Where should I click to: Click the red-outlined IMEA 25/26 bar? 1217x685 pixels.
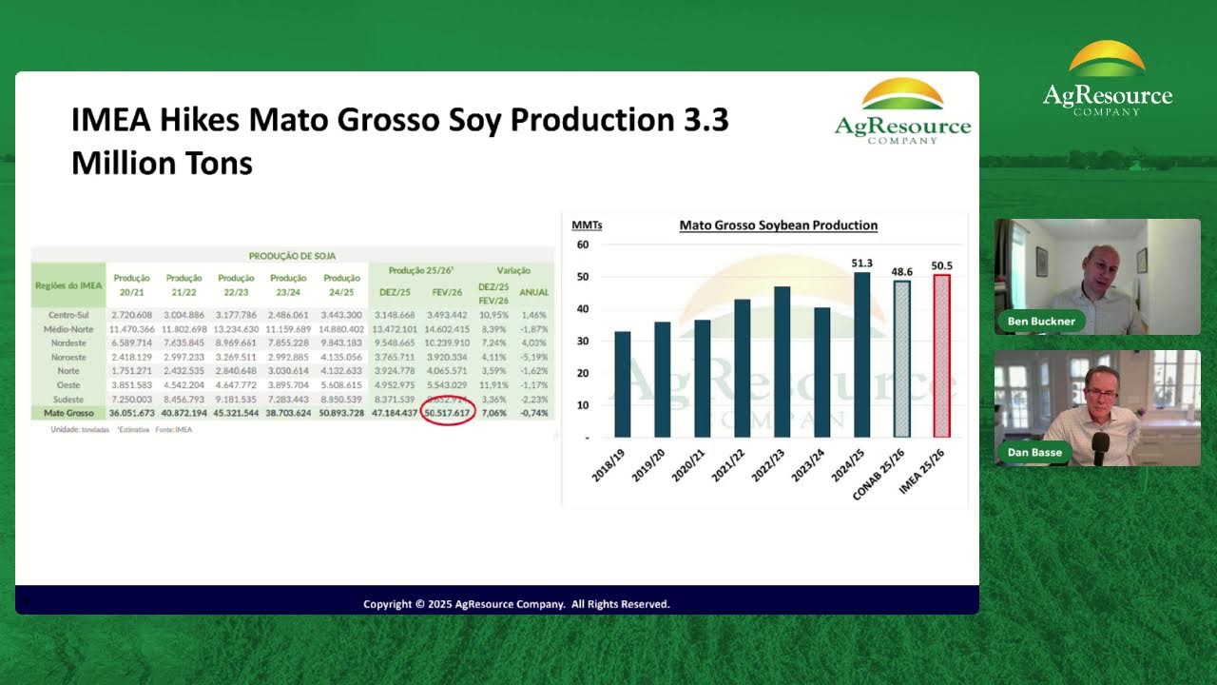(x=941, y=356)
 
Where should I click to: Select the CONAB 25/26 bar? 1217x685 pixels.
(x=901, y=359)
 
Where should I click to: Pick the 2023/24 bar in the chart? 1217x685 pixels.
(x=822, y=372)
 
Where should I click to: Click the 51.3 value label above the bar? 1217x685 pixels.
(x=862, y=263)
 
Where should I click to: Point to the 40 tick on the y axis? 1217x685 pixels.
(x=582, y=309)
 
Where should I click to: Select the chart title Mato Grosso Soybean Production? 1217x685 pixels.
(x=778, y=225)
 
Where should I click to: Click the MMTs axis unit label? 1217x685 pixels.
(x=587, y=225)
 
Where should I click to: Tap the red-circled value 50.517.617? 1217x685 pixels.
(x=447, y=414)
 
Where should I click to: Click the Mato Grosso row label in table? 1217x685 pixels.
(x=68, y=414)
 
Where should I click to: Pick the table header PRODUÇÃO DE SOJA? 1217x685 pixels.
(x=292, y=256)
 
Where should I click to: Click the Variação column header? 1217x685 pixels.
(x=513, y=271)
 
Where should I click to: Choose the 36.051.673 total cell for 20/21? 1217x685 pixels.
(x=131, y=414)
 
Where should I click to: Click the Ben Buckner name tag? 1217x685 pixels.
(x=1041, y=322)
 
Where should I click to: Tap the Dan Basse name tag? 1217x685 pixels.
(x=1034, y=453)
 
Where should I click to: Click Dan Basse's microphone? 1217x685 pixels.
(x=1101, y=448)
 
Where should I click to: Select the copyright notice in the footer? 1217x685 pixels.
(x=516, y=604)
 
